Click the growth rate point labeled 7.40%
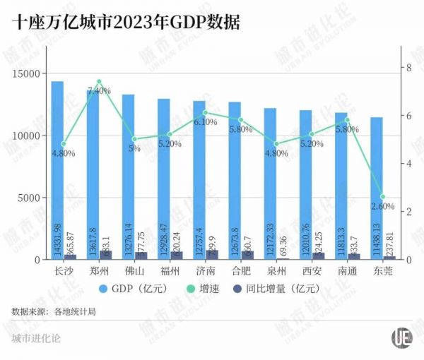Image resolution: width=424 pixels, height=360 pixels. (x=99, y=82)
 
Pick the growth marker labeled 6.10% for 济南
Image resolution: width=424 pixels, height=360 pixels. (x=205, y=113)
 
